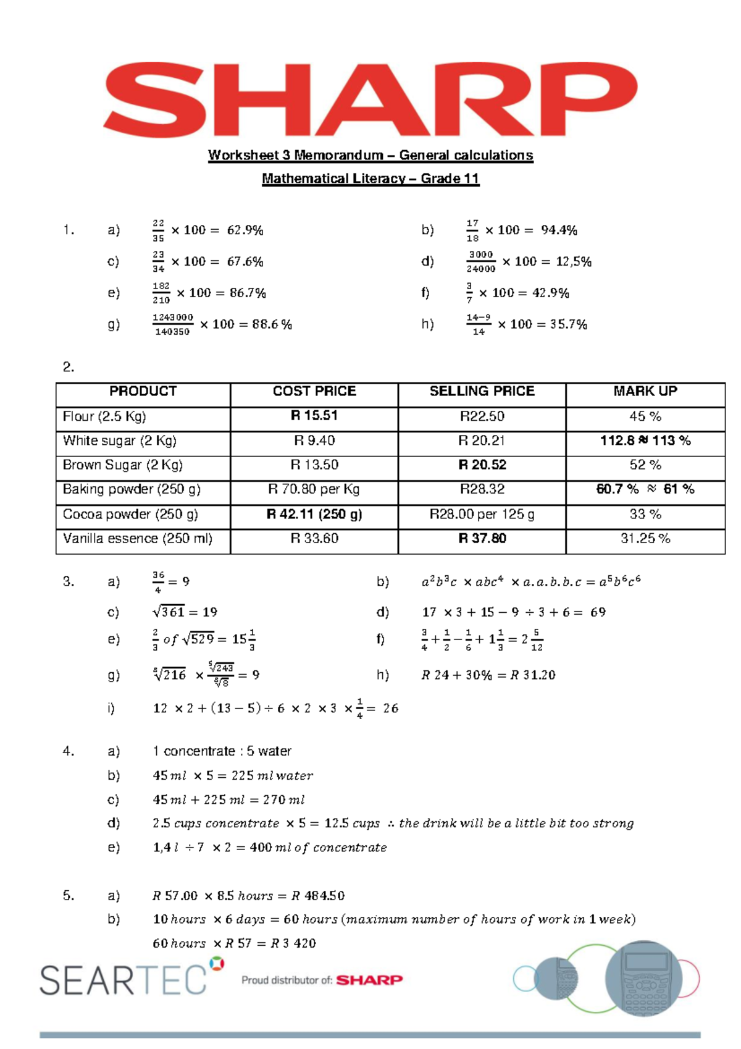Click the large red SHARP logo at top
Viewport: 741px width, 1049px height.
[371, 99]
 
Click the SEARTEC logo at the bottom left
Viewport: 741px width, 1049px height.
[124, 979]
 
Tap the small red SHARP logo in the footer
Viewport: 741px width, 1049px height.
[369, 980]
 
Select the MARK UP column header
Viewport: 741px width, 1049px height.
[645, 392]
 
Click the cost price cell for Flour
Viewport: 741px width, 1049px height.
[314, 416]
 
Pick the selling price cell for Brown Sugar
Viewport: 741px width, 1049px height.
[482, 465]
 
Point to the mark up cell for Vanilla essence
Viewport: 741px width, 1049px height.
[645, 539]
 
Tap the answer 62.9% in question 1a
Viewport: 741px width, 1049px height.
[245, 230]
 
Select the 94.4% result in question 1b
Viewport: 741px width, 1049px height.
[559, 230]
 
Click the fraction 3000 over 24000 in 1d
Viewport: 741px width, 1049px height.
[480, 261]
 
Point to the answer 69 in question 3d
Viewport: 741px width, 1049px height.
[598, 612]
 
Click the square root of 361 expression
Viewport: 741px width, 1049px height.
[169, 612]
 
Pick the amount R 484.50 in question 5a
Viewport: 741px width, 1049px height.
[318, 896]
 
